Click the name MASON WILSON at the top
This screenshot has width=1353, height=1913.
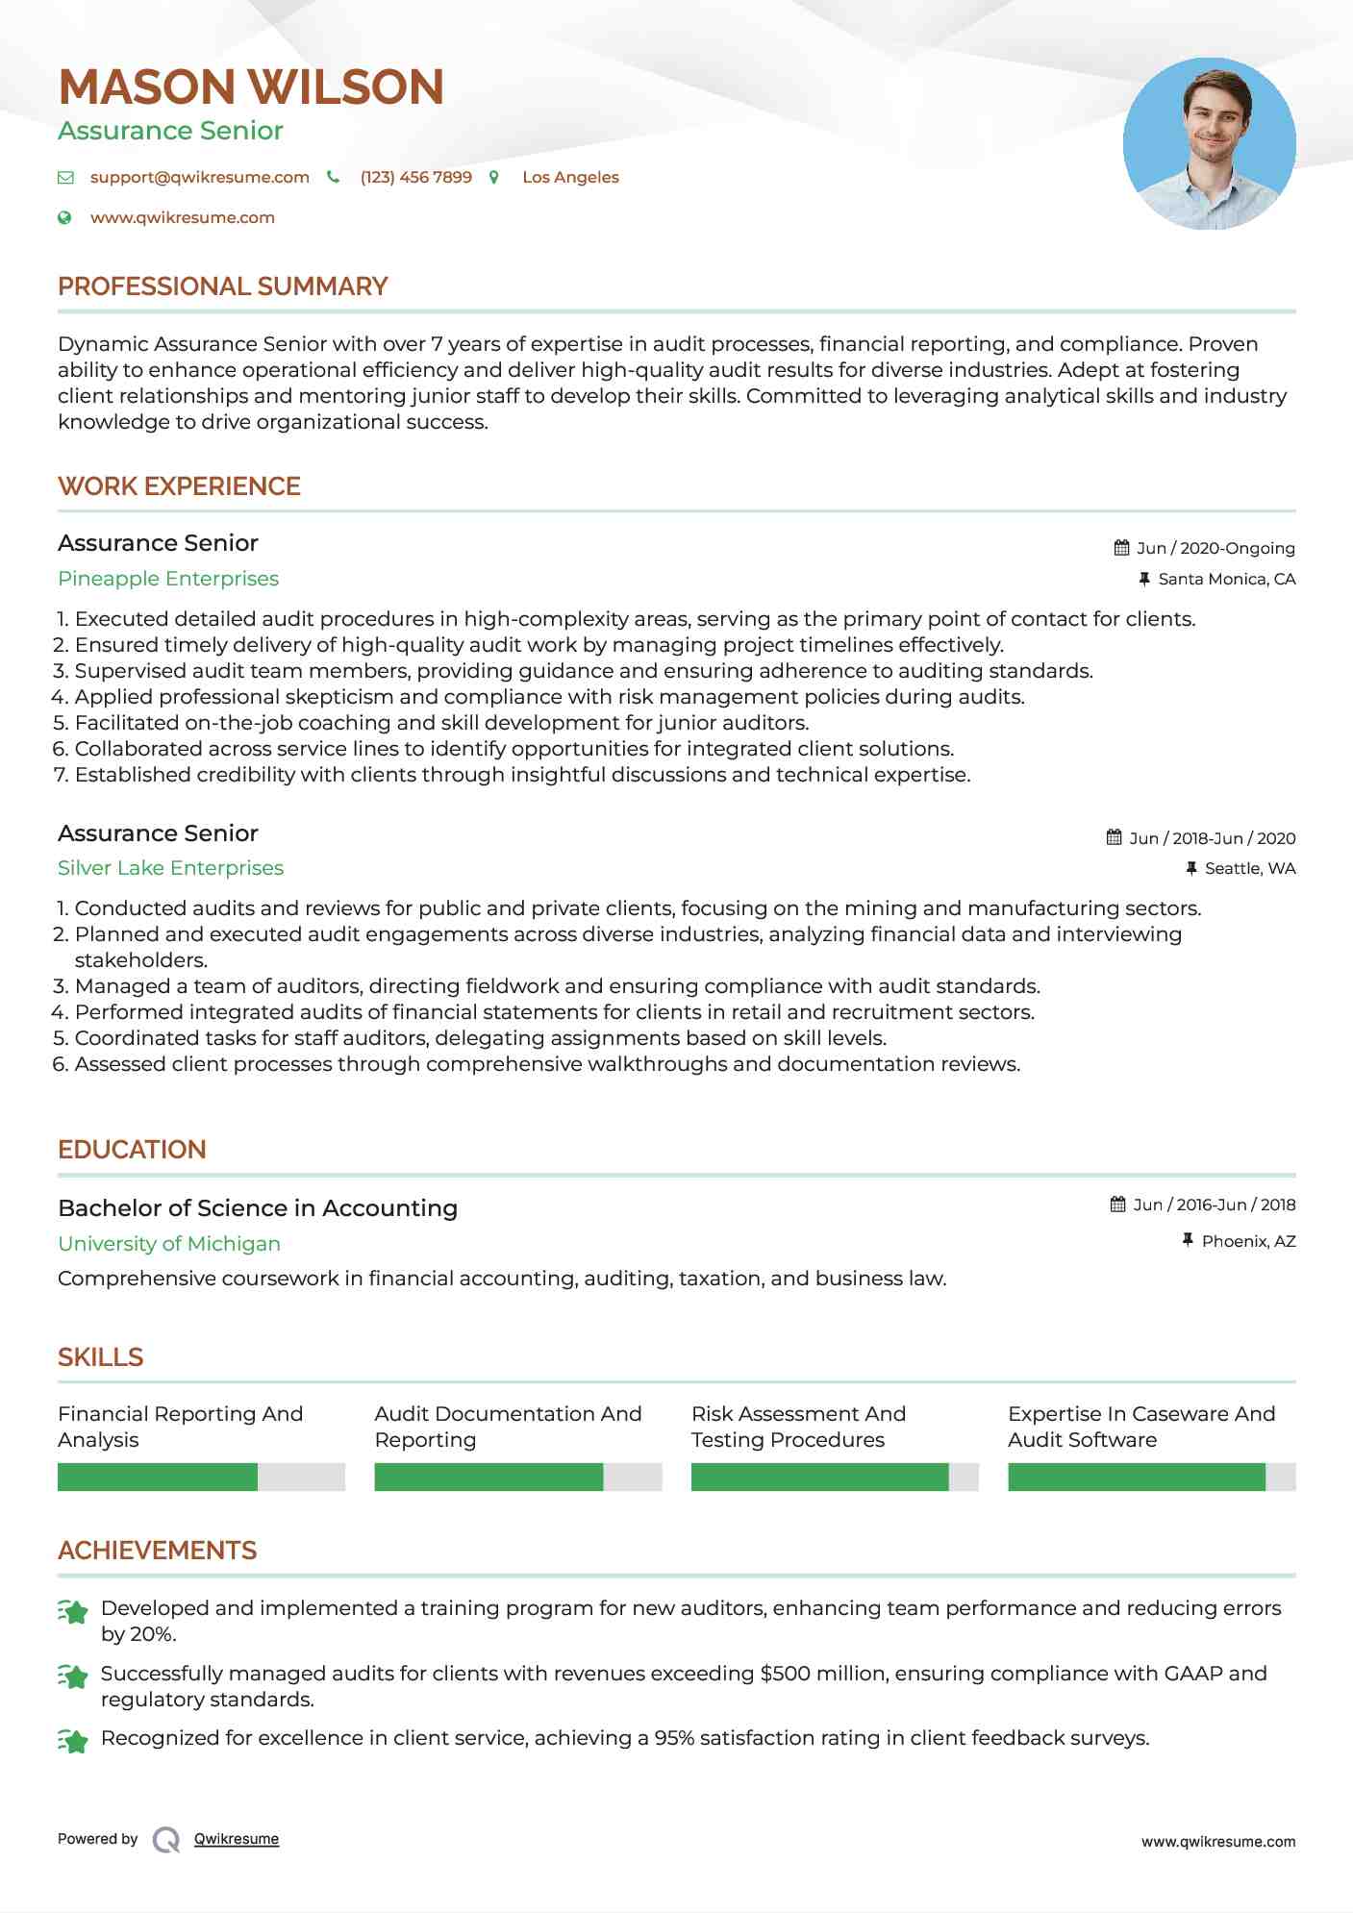251,87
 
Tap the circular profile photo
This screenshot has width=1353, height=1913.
1209,144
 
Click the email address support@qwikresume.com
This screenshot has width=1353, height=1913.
199,177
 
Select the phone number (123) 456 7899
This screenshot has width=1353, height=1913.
415,177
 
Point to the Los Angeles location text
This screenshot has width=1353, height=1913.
570,177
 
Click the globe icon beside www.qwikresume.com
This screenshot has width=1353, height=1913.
64,217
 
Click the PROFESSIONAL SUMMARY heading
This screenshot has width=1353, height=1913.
222,286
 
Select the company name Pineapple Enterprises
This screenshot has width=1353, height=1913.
168,579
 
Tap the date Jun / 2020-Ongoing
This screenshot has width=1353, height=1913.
1215,548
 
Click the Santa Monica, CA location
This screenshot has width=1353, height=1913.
1226,579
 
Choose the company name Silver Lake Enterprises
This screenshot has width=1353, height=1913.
170,868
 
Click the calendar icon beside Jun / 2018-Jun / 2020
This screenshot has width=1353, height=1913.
1114,837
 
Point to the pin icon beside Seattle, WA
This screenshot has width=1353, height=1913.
1190,868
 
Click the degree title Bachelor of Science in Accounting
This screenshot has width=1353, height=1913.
258,1208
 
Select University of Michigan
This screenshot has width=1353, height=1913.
169,1244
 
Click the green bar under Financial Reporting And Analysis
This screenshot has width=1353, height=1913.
158,1477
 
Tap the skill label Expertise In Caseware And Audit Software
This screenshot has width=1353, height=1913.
1141,1427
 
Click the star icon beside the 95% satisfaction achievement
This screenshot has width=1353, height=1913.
73,1740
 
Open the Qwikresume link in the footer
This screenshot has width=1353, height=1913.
237,1839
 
